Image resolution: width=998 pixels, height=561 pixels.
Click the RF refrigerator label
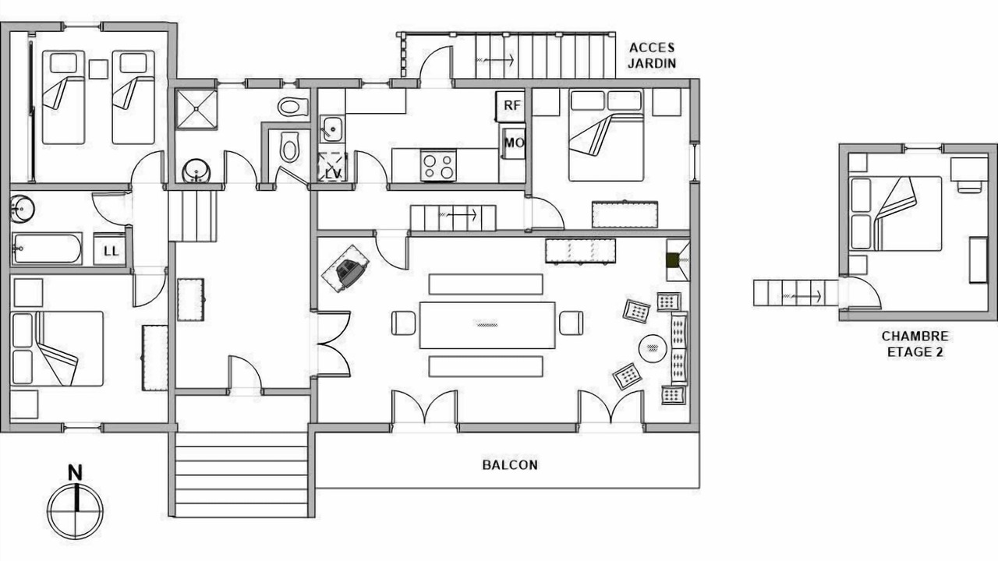(512, 105)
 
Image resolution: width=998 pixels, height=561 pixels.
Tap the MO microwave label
(514, 143)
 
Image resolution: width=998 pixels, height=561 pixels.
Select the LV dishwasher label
(333, 174)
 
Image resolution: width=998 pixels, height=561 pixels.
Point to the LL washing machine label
(111, 252)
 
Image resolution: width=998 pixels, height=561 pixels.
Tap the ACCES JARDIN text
(652, 55)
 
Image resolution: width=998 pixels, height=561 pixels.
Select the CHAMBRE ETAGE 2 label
(915, 344)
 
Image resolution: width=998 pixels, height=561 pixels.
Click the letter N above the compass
(76, 473)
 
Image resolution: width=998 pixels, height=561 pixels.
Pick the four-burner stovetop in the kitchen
(438, 165)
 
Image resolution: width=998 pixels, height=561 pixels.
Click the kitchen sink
(332, 129)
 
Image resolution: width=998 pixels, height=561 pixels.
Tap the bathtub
(47, 249)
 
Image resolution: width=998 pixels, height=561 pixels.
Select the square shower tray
(196, 110)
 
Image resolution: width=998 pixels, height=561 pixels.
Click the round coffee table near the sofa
(653, 348)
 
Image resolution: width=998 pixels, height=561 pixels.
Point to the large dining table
(487, 325)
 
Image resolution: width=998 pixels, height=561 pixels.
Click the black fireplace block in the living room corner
(671, 260)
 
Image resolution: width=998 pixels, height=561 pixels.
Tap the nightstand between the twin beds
(98, 69)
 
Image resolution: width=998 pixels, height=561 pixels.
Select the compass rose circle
(76, 512)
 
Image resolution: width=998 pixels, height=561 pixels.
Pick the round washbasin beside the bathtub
(23, 208)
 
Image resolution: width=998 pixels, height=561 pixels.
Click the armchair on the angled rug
(350, 270)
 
